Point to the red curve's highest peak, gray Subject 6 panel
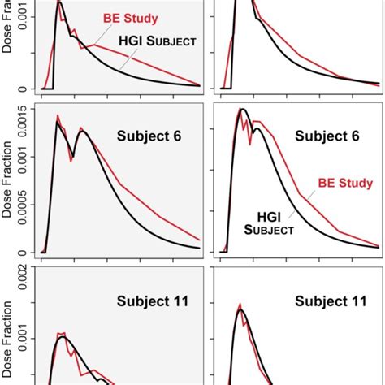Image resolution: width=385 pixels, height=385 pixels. (x=58, y=116)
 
